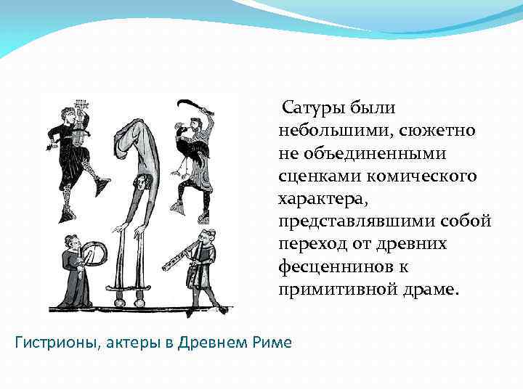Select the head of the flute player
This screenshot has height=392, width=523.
[x=206, y=237]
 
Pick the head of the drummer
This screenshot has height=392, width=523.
[x=70, y=242]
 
